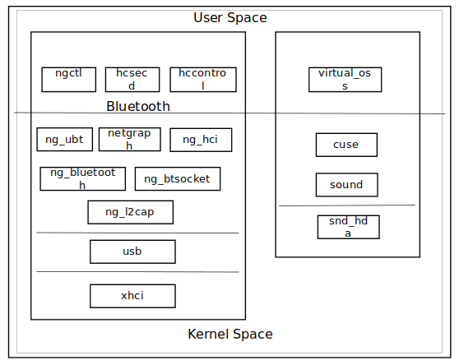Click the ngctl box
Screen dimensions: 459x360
point(69,80)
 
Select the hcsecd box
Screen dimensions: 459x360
point(132,80)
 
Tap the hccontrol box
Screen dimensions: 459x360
point(203,80)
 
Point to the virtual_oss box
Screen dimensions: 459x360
point(345,80)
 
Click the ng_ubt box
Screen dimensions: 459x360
point(65,139)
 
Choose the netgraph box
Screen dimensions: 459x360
point(130,139)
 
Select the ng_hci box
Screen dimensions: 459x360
point(201,140)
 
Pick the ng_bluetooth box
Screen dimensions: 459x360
point(83,178)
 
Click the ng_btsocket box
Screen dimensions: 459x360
point(178,178)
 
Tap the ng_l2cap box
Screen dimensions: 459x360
point(131,212)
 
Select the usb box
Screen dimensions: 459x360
point(133,252)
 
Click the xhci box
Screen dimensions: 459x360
point(133,296)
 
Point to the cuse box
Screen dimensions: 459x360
point(346,145)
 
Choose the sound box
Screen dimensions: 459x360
point(347,185)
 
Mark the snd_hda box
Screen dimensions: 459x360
point(349,227)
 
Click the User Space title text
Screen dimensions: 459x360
point(230,17)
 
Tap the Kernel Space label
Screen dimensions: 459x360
point(230,334)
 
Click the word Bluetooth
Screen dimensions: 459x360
point(138,106)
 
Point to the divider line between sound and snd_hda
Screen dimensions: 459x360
point(347,205)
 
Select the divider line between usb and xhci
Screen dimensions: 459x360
point(137,272)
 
